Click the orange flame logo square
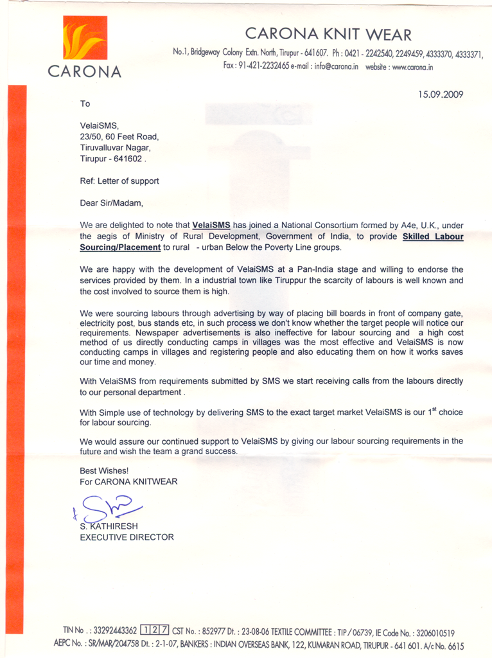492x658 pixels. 85,38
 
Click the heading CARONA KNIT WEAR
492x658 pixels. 328,34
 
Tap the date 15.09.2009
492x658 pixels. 441,94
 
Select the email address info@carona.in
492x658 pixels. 337,67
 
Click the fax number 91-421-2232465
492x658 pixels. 263,66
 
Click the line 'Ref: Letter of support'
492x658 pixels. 119,181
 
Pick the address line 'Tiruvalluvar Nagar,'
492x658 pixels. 115,147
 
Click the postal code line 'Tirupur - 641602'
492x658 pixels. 112,158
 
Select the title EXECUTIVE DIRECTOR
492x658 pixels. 127,537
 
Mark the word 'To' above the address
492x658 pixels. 85,103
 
